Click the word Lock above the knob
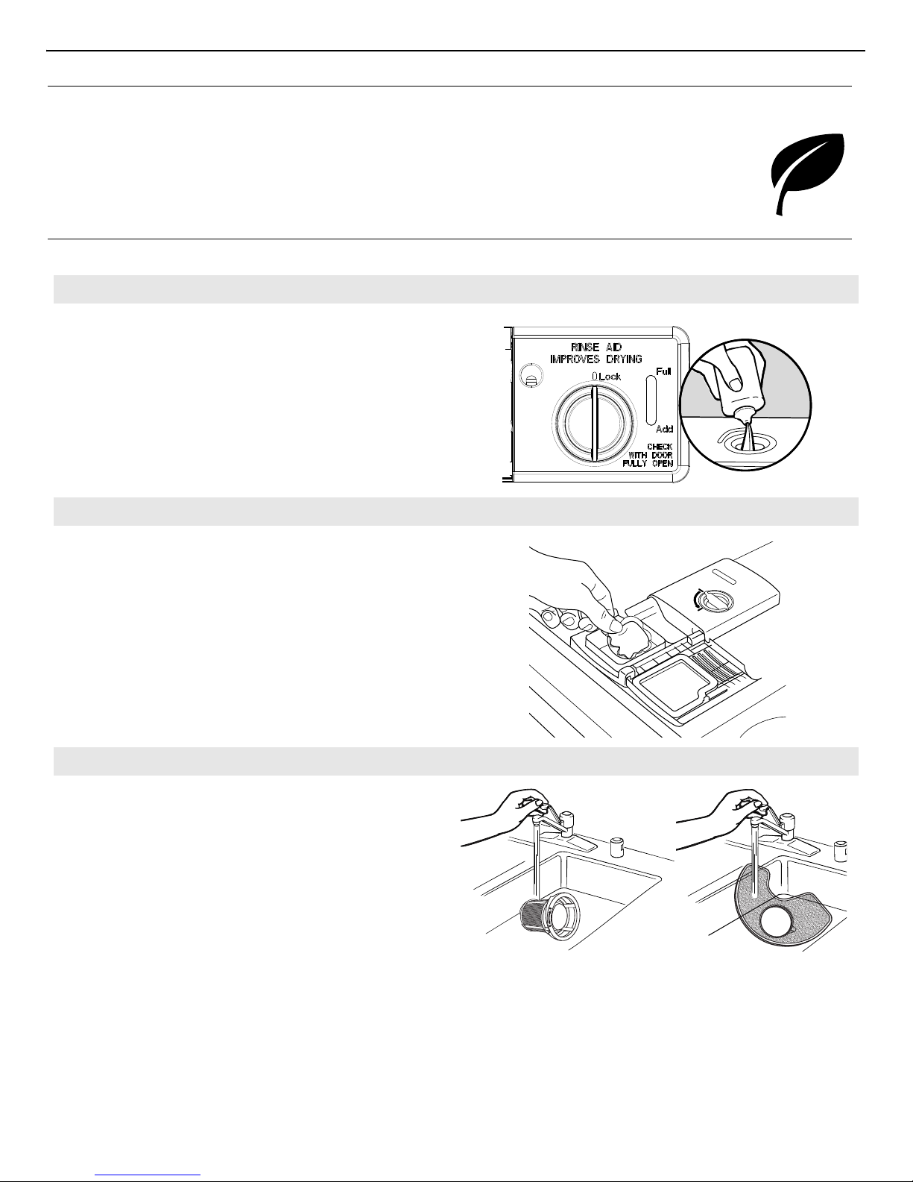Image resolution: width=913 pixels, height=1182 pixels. click(x=610, y=377)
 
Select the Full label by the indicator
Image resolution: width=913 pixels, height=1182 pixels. click(x=663, y=371)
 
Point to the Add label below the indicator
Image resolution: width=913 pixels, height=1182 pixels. click(x=664, y=430)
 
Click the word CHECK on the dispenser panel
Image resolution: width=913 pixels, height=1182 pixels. click(x=660, y=447)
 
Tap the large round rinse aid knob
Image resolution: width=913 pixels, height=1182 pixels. click(x=594, y=424)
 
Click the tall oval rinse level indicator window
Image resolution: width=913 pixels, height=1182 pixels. click(x=651, y=400)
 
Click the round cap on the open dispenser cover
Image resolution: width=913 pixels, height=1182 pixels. click(x=715, y=601)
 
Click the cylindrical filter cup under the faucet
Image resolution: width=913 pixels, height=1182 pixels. click(x=546, y=917)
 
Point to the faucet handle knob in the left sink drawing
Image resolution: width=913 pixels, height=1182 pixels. click(x=567, y=819)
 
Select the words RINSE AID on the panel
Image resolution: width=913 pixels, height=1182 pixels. click(x=596, y=347)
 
